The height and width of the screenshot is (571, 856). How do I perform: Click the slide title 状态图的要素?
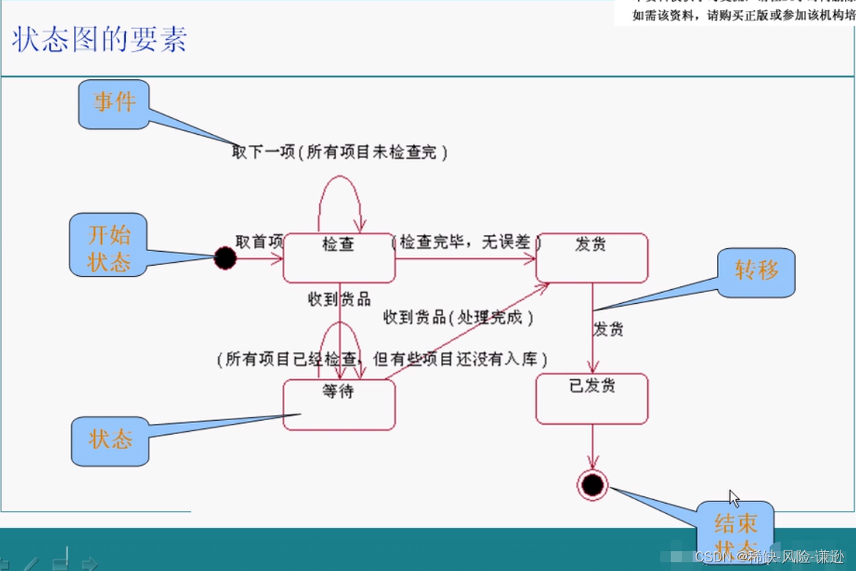coord(100,40)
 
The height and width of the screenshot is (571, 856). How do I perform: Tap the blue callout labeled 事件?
coord(114,103)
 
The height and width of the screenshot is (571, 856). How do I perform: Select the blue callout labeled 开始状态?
coord(108,245)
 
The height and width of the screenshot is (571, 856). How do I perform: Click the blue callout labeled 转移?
coord(756,272)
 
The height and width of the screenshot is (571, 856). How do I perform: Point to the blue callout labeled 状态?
coord(111,441)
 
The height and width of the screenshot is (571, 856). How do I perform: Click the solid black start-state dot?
coord(226,258)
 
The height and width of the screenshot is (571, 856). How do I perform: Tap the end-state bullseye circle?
coord(592,485)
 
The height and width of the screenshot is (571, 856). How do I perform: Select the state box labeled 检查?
coord(339,258)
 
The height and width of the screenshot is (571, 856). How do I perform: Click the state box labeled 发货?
coord(592,258)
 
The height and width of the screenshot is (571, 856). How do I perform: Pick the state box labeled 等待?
coord(339,404)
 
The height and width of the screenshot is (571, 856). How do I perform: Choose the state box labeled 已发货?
coord(592,399)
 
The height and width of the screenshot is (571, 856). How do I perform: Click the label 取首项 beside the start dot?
coord(259,242)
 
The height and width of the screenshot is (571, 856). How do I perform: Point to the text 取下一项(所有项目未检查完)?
coord(339,152)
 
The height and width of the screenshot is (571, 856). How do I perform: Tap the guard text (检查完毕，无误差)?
coord(466,242)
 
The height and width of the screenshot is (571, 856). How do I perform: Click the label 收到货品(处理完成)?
coord(458,317)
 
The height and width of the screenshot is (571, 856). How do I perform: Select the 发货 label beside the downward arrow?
coord(608,329)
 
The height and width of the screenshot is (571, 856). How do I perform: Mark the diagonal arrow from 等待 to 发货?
coord(469,330)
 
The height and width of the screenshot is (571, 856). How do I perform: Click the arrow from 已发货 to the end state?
coord(592,447)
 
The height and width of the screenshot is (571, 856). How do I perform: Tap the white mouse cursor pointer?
coord(734,499)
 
